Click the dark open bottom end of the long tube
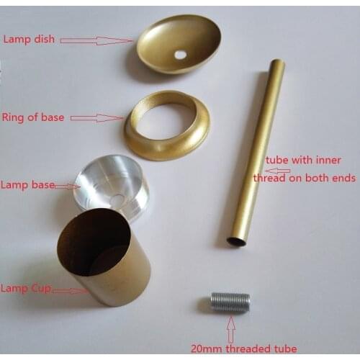point(236,240)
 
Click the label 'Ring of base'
point(32,117)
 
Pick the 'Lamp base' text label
point(28,186)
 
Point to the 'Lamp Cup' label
point(26,288)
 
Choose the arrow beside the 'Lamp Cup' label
point(68,291)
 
